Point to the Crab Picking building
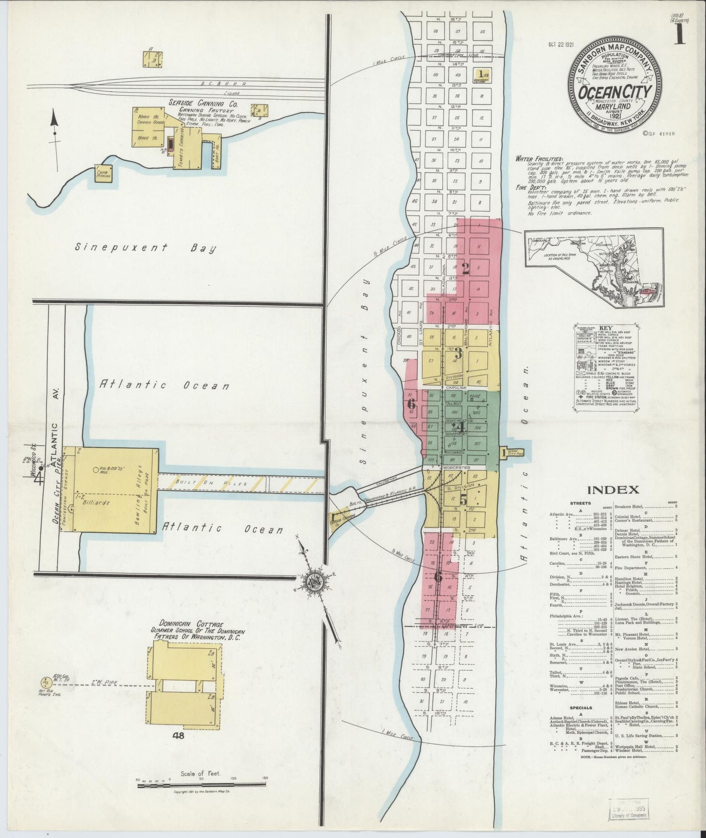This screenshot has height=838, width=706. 104,174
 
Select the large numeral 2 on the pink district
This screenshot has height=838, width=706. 465,268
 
